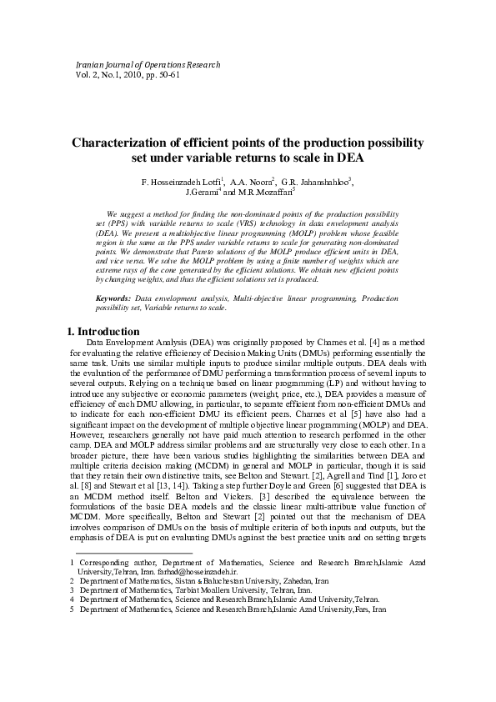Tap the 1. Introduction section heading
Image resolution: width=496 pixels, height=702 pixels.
[103, 331]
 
